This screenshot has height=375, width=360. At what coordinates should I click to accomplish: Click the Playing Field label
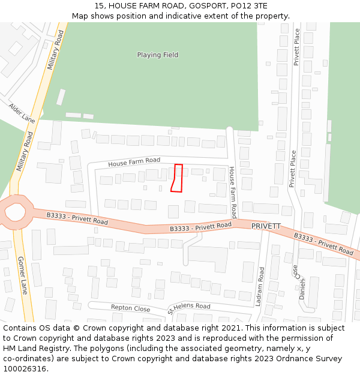pos(158,55)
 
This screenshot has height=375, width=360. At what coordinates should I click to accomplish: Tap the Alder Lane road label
pos(22,112)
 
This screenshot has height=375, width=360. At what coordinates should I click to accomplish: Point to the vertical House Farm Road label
pos(233,192)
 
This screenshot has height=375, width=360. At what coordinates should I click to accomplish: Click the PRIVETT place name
pos(266,226)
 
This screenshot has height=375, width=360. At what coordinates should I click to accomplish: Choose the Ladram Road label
pos(260,287)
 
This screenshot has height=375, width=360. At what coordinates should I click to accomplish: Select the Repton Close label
pos(130,308)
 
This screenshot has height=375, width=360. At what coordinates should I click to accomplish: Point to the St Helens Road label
pos(189,308)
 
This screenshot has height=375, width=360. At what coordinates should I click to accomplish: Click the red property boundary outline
pos(176,178)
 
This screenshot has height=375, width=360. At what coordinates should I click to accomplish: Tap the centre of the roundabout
pos(14,211)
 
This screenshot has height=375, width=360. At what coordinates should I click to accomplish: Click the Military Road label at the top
pos(55,50)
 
